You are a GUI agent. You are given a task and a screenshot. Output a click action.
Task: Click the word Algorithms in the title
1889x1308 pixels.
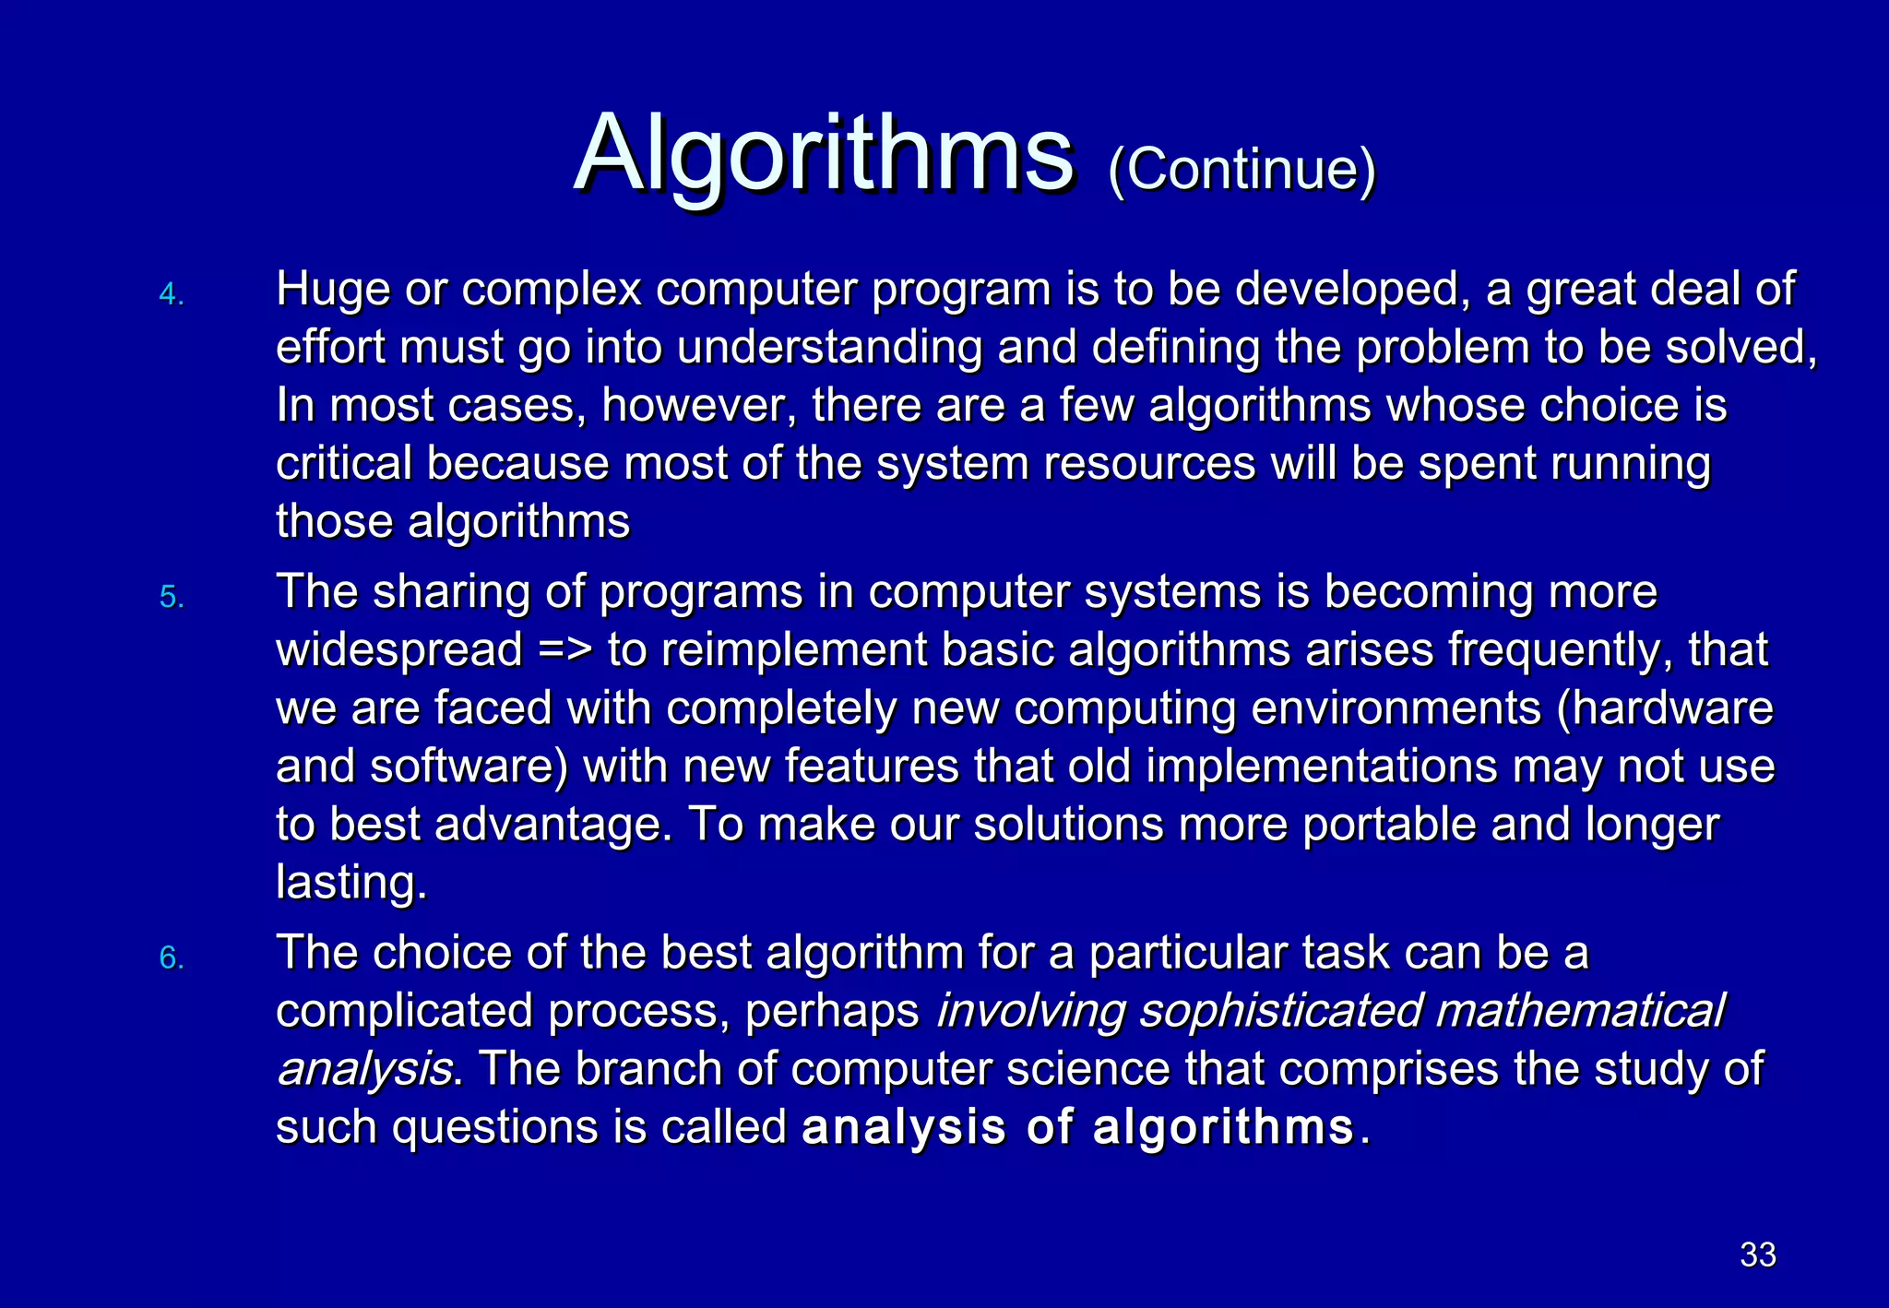coord(823,153)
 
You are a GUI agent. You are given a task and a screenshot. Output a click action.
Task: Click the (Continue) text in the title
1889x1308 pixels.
coord(1242,170)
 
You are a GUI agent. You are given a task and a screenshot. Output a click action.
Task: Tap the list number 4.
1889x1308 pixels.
coord(172,295)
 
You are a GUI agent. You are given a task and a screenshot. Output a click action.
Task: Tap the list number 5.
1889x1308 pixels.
coord(172,598)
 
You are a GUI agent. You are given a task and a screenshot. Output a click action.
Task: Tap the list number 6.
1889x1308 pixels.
coord(172,958)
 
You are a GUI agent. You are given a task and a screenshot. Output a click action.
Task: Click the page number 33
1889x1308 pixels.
coord(1757,1254)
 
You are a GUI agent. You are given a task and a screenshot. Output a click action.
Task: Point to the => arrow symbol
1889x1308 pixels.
coord(565,649)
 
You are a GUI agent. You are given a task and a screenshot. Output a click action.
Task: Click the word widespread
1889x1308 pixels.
coord(399,649)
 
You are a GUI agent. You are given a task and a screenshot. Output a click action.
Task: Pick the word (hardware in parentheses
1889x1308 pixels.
coord(1664,708)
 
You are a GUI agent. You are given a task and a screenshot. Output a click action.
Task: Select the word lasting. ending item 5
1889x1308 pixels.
coord(351,883)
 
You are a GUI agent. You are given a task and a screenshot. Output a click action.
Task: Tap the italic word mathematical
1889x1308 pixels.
coord(1579,1011)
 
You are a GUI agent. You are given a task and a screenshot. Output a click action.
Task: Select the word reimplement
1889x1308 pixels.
coord(794,649)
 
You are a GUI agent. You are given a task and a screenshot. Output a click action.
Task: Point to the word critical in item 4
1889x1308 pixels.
coord(343,463)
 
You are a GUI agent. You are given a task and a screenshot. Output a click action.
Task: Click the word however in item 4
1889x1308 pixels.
coord(698,406)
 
